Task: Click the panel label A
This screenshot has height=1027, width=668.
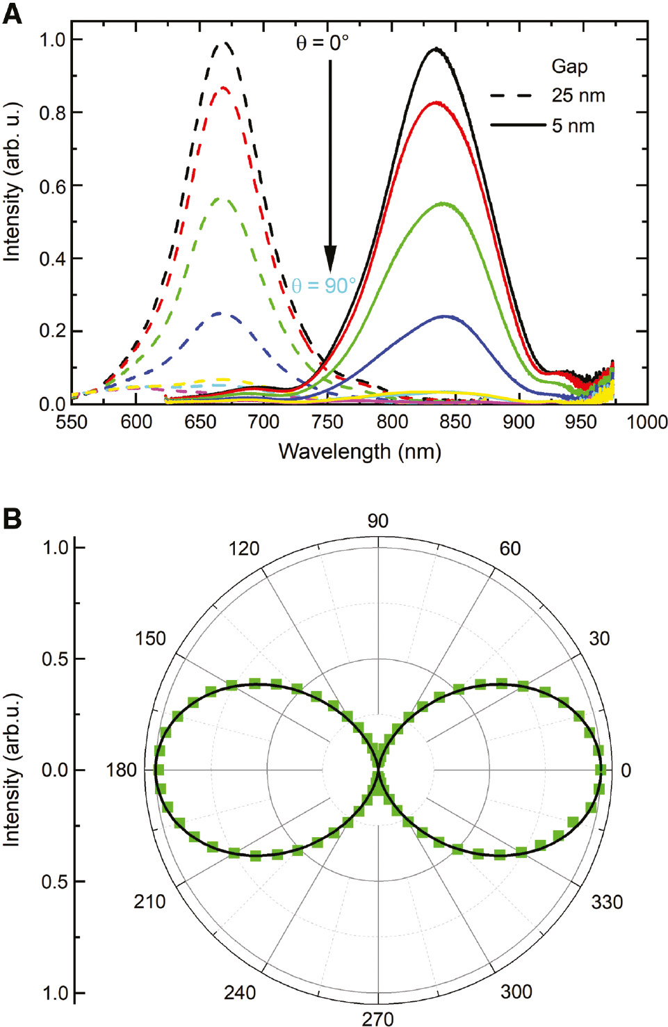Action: click(x=12, y=14)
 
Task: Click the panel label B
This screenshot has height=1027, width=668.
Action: click(x=12, y=519)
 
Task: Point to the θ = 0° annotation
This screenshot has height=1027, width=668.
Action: click(x=323, y=43)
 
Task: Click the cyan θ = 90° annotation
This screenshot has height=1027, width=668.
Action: click(x=323, y=286)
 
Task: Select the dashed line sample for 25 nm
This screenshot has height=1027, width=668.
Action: click(x=511, y=96)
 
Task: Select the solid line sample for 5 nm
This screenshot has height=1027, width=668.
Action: click(x=518, y=125)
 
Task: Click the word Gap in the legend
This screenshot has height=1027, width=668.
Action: click(x=569, y=67)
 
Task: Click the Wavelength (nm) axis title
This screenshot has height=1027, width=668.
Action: click(x=359, y=451)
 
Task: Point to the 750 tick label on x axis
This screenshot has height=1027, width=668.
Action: click(x=327, y=421)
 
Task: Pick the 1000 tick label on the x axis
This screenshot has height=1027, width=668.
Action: click(x=646, y=421)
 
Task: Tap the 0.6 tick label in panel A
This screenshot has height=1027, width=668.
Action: click(x=52, y=186)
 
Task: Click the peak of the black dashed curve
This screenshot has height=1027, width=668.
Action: click(x=224, y=43)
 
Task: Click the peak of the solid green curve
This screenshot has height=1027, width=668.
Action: click(x=442, y=204)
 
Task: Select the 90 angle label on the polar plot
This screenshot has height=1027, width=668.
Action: click(x=377, y=521)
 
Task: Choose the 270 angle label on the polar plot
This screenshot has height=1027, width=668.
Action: click(x=377, y=1019)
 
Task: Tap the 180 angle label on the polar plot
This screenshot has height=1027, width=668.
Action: click(x=121, y=770)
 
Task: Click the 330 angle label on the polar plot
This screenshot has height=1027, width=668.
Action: click(x=606, y=902)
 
